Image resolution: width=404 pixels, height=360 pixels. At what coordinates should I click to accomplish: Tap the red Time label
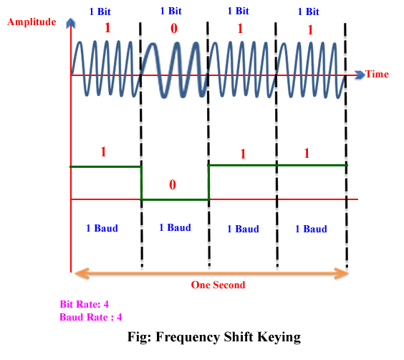point(377,74)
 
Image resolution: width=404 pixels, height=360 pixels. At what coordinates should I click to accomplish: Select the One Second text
point(218,285)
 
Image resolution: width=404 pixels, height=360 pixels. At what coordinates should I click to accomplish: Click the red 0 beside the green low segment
point(172,185)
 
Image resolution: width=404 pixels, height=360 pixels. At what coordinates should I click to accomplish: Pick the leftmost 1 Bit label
point(100,11)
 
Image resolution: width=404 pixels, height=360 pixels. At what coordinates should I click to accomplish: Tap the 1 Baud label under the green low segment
point(175,227)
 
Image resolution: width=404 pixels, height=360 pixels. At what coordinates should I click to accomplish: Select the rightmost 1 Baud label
point(311,229)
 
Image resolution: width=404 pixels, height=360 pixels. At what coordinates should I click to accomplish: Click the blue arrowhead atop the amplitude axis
point(70,24)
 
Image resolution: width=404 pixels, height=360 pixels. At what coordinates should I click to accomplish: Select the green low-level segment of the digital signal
point(175,199)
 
